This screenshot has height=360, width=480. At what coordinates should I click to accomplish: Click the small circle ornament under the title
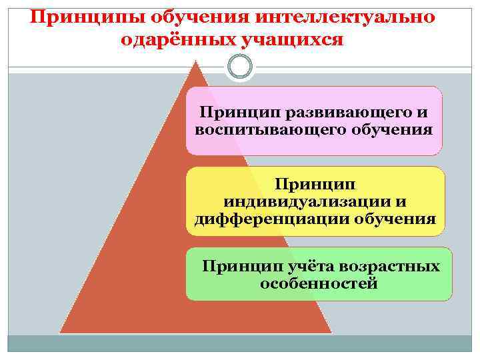click(240, 66)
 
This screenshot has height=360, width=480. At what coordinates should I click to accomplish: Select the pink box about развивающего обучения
click(313, 121)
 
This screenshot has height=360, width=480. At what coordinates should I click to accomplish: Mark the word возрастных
click(389, 266)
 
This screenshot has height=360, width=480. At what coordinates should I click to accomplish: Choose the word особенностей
click(318, 283)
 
